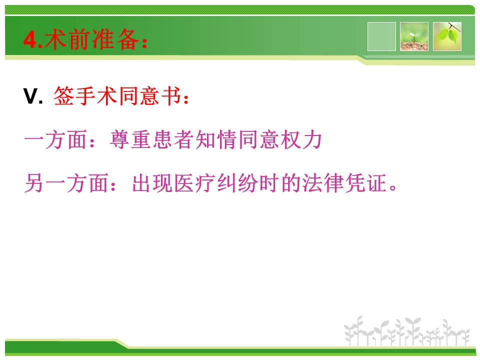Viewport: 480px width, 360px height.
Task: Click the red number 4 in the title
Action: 30,40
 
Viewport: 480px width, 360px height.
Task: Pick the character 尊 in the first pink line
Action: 119,139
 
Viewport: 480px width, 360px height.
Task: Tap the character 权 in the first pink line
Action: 291,139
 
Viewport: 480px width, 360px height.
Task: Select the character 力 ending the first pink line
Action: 312,139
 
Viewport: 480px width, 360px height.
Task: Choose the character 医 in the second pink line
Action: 184,183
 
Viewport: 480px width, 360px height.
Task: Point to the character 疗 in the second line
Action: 205,183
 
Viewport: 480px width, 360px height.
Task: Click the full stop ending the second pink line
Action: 393,187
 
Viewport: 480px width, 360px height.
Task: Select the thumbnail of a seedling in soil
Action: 414,36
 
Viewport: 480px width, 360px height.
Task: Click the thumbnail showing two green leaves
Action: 447,36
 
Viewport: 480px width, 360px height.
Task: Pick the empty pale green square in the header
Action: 381,36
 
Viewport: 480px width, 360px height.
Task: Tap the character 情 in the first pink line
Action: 227,139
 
